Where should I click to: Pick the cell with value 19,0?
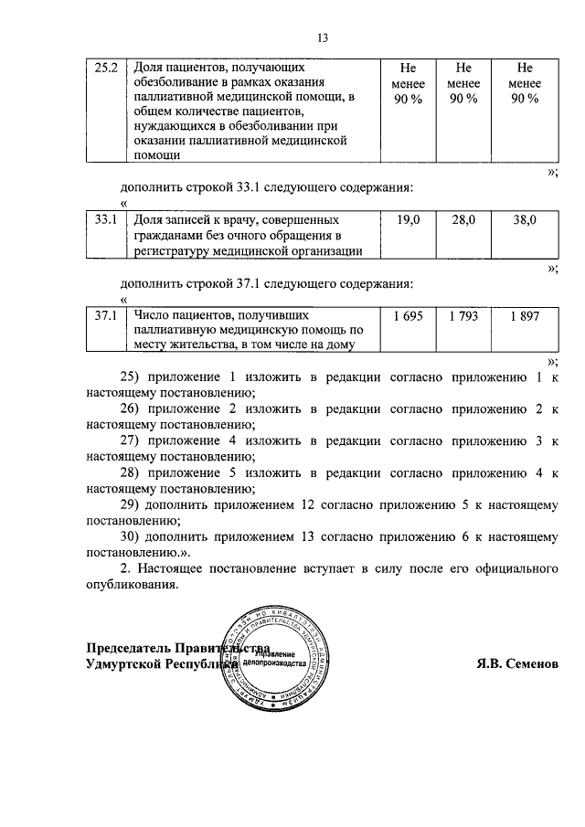408,220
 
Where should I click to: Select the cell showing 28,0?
463,220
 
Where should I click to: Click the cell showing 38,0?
524,220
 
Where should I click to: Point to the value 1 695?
408,315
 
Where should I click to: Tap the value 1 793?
463,315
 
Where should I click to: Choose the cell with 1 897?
524,315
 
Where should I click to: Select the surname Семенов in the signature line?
529,664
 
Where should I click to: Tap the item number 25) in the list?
133,376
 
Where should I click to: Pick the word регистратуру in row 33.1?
175,251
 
